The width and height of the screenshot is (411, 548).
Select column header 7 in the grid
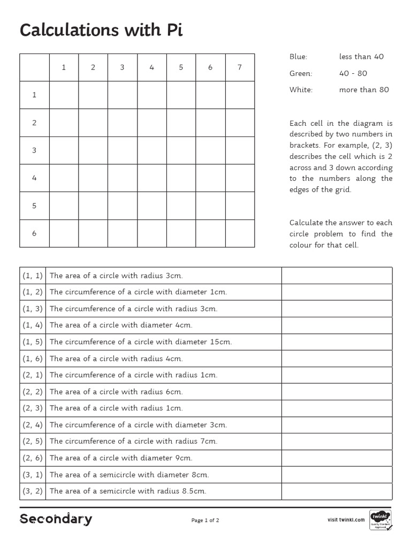point(239,67)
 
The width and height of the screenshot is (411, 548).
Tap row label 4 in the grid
point(34,178)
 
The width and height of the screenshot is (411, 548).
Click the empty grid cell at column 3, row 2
point(122,123)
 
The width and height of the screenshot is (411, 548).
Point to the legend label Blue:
point(298,57)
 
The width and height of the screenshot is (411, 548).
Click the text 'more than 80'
point(364,90)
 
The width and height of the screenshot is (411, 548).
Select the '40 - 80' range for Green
point(353,73)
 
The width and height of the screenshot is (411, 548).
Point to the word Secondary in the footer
point(56,519)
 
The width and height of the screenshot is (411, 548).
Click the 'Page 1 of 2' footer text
point(205,520)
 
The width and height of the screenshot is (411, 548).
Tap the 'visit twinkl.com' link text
point(346,520)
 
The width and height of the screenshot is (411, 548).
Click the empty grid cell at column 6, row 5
point(210,205)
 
